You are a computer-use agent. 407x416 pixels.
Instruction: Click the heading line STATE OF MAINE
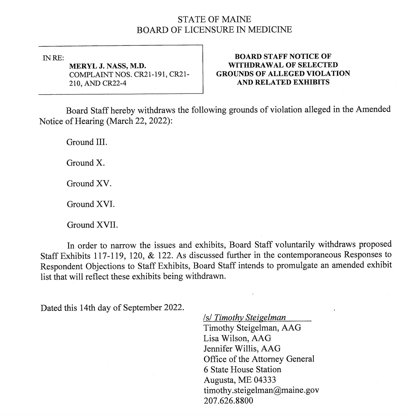(214, 19)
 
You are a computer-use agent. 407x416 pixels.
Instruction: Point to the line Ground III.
(87, 142)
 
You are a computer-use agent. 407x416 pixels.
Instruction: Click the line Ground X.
(86, 163)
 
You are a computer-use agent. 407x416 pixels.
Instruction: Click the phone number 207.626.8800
(228, 401)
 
